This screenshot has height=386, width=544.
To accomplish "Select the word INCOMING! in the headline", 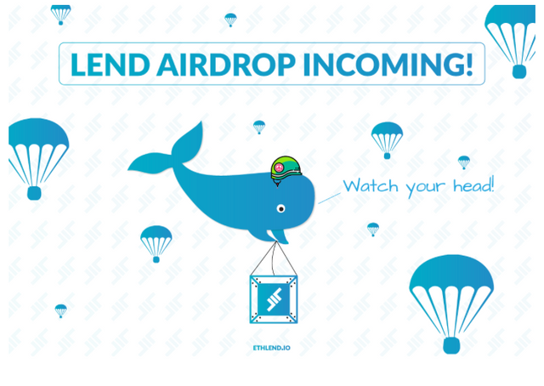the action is coord(388,65).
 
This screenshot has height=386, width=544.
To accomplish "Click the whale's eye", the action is coord(280,208).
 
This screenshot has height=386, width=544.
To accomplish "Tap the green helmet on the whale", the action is coord(286,169).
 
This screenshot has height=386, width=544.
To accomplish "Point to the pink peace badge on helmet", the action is coord(278,168).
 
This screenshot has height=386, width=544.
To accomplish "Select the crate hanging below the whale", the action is coord(274,299).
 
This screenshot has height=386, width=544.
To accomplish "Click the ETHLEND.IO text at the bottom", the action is coord(272,348).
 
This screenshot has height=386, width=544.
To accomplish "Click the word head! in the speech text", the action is coord(473,185).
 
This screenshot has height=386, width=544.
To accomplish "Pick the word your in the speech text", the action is coord(425,188).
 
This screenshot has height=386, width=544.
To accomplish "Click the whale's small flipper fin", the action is coord(280,236).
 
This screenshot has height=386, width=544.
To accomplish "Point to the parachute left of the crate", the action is coord(156,244).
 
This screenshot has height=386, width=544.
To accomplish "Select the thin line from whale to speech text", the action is coord(329,198).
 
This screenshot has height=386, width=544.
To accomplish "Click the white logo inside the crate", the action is coord(274,299).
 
